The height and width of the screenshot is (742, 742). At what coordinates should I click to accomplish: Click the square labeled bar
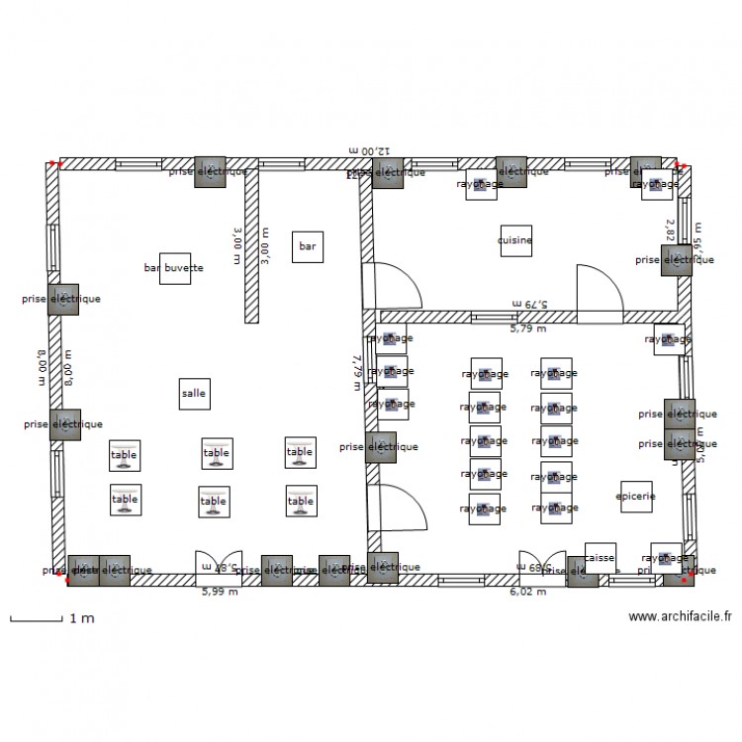coord(307,246)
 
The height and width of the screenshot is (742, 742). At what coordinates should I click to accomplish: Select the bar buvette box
coord(174,267)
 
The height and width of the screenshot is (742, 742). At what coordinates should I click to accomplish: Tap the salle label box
coord(194,393)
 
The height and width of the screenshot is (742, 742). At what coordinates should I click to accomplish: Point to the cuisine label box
coord(515,240)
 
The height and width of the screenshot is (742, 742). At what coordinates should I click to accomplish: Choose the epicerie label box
coord(635,497)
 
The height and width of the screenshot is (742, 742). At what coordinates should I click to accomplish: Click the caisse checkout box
coord(600,558)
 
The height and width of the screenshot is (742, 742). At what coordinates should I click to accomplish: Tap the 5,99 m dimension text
coord(219,592)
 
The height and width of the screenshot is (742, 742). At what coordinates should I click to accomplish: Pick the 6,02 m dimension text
coord(527,592)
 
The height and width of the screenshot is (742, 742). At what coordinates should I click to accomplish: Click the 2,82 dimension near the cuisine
coord(670,231)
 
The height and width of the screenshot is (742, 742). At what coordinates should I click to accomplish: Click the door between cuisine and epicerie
coord(599,291)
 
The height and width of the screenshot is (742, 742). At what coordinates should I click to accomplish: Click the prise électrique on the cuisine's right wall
coord(677,260)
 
